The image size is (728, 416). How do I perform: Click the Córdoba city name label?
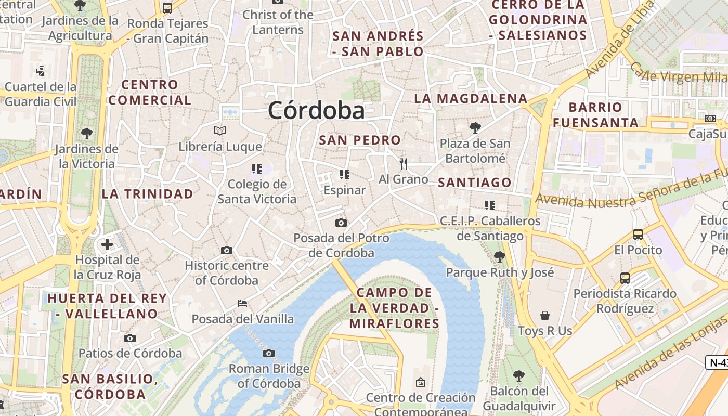click(x=316, y=110)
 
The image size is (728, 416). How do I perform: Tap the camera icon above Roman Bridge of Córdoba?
click(x=269, y=354)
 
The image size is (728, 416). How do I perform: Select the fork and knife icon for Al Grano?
click(x=404, y=164)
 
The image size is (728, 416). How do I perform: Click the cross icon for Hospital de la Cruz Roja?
click(x=107, y=244)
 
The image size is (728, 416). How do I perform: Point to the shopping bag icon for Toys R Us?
click(x=545, y=316)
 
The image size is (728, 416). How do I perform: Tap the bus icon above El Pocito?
click(x=638, y=235)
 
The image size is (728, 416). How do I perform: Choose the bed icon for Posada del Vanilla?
click(x=242, y=304)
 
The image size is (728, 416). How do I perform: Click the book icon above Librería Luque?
click(x=220, y=131)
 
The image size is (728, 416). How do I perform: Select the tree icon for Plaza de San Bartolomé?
click(x=475, y=127)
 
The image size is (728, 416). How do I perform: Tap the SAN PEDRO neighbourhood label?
click(x=360, y=140)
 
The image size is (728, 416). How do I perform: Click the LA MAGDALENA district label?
click(x=471, y=98)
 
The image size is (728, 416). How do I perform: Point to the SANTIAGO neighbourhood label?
click(x=475, y=183)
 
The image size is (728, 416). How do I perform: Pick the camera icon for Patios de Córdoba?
click(x=130, y=339)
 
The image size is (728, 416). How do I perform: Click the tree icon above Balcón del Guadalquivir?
click(x=518, y=375)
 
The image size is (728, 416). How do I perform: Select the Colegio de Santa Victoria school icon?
click(x=256, y=169)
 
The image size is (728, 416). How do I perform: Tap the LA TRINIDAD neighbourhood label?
click(x=148, y=194)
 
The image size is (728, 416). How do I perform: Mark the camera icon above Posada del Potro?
click(x=341, y=223)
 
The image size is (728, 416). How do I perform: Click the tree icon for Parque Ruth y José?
click(x=499, y=256)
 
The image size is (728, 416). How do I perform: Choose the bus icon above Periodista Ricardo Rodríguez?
click(x=625, y=278)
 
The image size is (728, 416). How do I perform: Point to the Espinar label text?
click(x=345, y=190)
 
